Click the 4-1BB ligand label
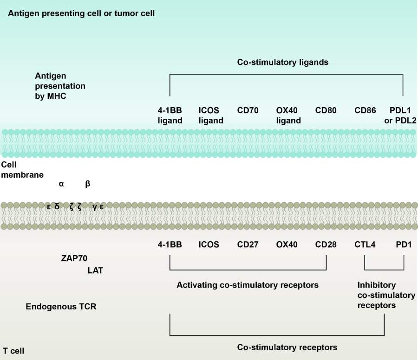click(170, 116)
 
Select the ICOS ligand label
click(211, 116)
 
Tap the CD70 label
click(248, 110)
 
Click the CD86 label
click(365, 110)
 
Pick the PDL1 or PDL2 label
click(403, 116)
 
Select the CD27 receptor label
click(248, 244)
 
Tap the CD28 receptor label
click(326, 244)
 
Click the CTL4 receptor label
click(365, 244)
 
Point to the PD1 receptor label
click(403, 244)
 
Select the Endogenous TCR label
click(61, 307)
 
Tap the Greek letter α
click(61, 184)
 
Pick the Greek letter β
click(88, 184)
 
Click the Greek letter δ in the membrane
click(57, 207)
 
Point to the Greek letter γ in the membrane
click(95, 207)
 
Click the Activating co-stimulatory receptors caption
click(248, 285)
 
